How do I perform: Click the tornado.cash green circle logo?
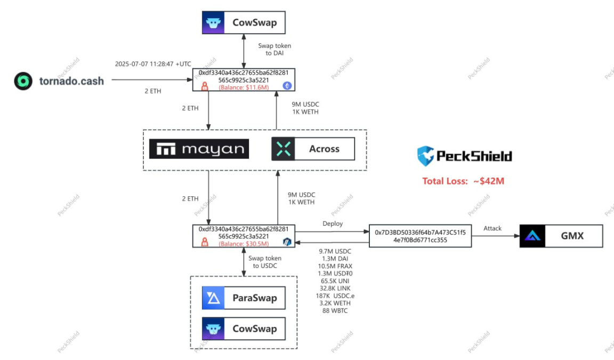coord(23,81)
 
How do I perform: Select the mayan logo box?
coord(199,149)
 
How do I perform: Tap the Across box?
coord(313,149)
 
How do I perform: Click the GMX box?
coord(561,236)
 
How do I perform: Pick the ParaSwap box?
coord(243,298)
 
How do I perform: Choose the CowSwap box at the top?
coord(243,23)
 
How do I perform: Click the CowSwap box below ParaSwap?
coord(243,329)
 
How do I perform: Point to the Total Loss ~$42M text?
coord(463,181)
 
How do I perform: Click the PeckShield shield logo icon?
coord(425,156)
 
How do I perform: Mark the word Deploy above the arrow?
coord(333,224)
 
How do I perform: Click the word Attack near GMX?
coord(492,228)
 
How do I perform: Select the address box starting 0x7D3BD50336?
coord(420,236)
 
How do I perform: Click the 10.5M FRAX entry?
coord(335,266)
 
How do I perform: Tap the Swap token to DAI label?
coord(274,50)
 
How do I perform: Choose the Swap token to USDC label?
coord(265,262)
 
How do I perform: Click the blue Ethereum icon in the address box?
coord(287,85)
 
